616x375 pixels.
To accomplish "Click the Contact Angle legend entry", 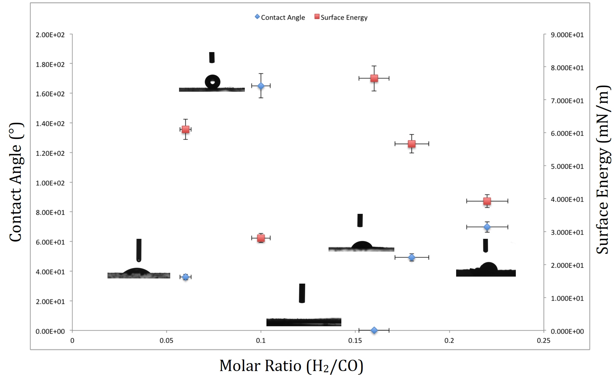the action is [280, 17].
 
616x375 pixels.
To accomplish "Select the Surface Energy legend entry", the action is [341, 17].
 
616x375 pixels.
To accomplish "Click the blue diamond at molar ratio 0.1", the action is [261, 86].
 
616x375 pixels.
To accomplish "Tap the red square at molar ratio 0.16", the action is [374, 78].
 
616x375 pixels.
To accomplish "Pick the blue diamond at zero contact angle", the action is [374, 330].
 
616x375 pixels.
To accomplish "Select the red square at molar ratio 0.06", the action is [185, 129].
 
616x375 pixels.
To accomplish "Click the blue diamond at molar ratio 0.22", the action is [487, 227].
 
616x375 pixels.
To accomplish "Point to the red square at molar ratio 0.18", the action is [412, 144].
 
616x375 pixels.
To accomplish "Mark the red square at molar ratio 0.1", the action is [261, 238].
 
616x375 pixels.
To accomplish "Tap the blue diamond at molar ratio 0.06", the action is [185, 277].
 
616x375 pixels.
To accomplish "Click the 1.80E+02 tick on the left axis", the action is [50, 64].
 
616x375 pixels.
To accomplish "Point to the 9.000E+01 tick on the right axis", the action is [567, 35].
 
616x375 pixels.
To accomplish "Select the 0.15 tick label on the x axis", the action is [355, 341].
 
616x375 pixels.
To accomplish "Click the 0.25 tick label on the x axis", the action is [544, 341].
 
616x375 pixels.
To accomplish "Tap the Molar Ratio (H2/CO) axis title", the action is [291, 366].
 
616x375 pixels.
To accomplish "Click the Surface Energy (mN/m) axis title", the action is [603, 169].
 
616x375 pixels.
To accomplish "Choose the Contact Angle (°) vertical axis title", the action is [16, 182].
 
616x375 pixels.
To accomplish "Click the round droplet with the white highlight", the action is [213, 82].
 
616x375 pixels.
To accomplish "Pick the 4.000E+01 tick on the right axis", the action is [567, 199].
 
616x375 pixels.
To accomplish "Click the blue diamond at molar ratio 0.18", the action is [412, 257].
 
